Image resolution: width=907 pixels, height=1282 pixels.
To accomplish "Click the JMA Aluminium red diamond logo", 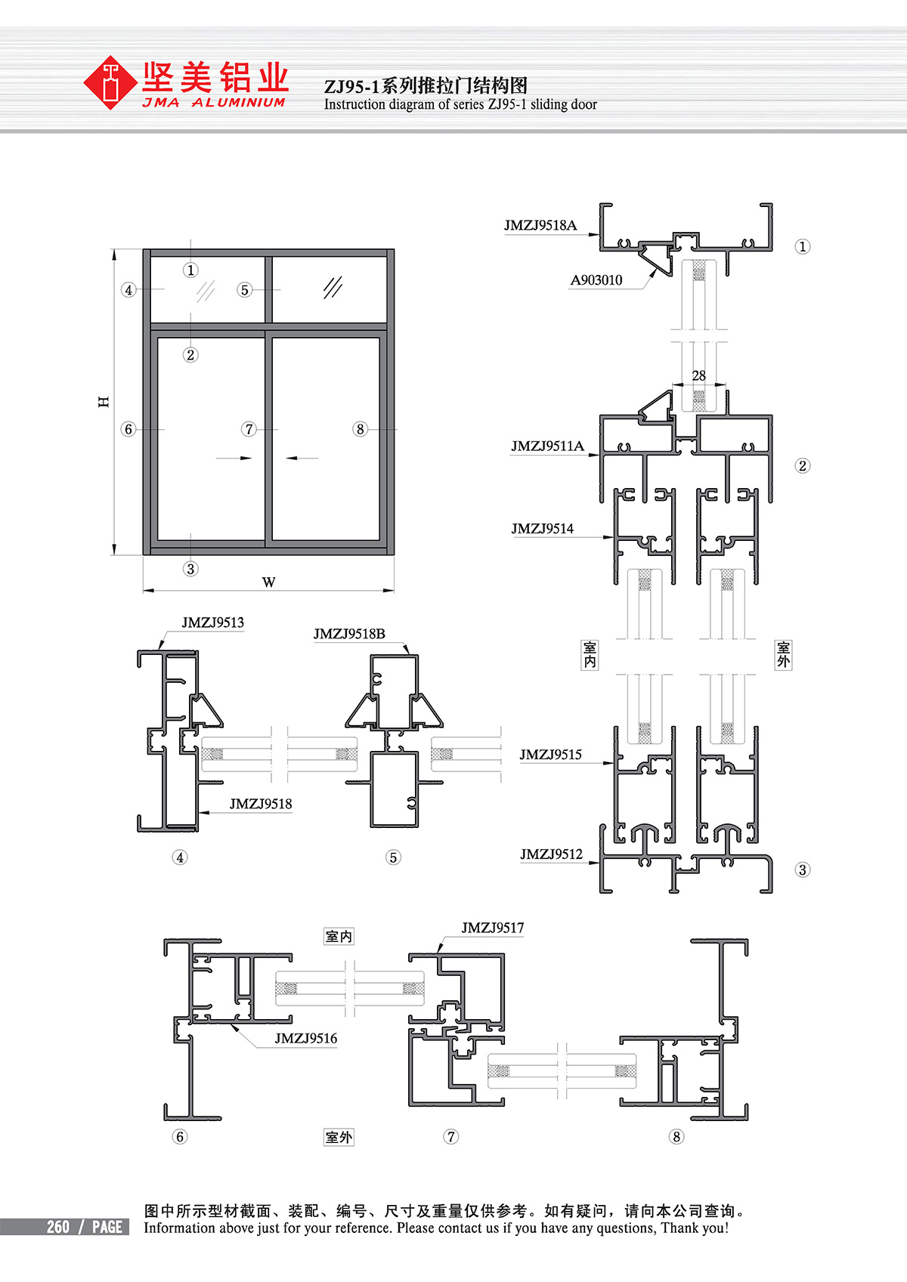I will [112, 83].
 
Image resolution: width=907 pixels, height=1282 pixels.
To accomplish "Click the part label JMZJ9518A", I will [540, 225].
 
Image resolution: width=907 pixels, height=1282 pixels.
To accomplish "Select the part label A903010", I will [596, 280].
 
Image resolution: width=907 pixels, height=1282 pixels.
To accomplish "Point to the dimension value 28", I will [699, 375].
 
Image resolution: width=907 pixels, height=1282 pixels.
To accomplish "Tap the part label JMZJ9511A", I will [547, 446].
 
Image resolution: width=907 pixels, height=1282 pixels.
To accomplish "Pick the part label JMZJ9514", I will [542, 529].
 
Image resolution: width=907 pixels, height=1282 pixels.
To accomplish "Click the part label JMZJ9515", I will [550, 755].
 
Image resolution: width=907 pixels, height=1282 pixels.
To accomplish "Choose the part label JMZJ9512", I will [551, 854].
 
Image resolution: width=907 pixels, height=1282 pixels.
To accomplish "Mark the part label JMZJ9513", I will [212, 622].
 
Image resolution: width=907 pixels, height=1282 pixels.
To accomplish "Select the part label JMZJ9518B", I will [349, 634].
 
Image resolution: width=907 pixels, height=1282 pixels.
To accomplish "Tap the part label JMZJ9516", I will [305, 1039].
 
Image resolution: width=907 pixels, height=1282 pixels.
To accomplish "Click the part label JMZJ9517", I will [492, 928].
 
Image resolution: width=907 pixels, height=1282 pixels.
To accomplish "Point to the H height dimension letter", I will [104, 402].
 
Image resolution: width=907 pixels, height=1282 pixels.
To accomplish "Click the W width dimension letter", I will [268, 582].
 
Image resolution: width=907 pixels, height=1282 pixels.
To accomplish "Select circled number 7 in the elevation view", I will [249, 429].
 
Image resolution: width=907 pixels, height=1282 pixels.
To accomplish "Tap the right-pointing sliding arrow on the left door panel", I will [234, 458].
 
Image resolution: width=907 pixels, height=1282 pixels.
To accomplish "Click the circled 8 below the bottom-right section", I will [676, 1136].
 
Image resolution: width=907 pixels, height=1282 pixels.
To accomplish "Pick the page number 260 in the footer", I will [58, 1227].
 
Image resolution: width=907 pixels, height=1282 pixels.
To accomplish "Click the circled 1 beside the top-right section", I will [803, 246].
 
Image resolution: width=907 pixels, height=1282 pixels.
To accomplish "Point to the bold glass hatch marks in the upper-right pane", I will [333, 287].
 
